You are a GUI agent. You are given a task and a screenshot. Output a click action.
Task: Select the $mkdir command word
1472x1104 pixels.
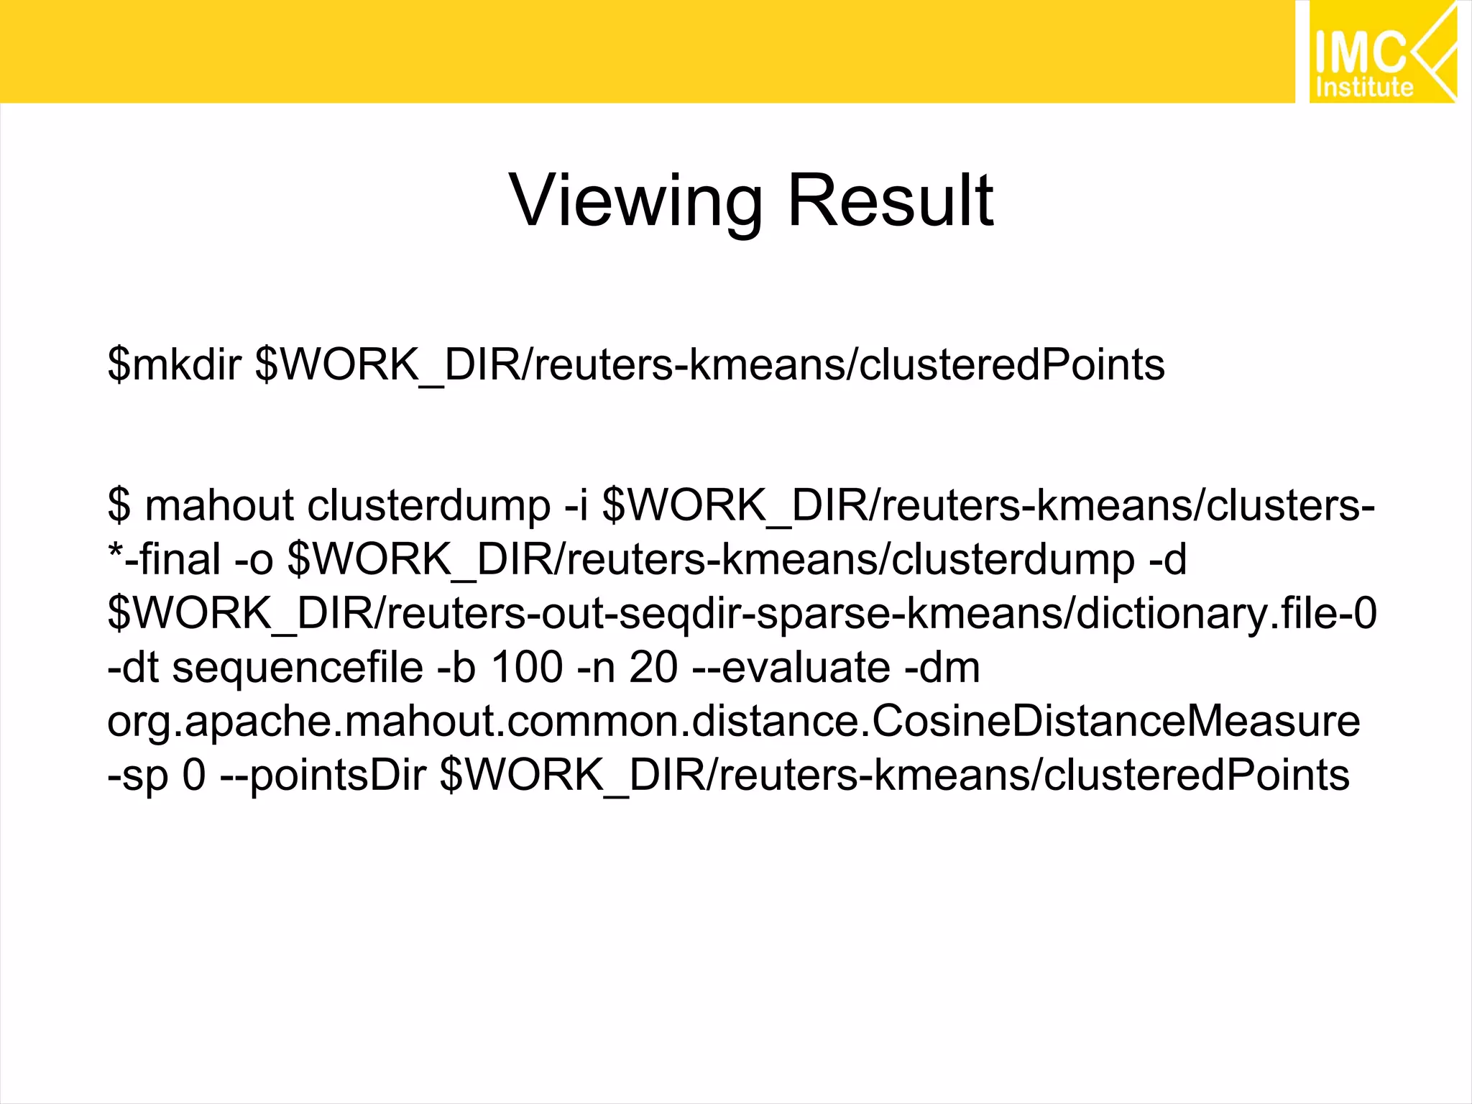point(174,364)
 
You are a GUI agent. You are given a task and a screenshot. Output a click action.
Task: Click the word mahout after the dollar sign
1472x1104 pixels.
point(220,505)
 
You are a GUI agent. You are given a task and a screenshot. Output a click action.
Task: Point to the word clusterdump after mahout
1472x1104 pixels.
point(428,505)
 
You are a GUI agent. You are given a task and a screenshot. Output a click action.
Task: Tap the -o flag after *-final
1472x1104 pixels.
point(254,559)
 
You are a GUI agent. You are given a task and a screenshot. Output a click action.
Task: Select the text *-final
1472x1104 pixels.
point(164,559)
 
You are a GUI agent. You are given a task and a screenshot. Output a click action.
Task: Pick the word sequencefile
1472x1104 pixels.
point(298,668)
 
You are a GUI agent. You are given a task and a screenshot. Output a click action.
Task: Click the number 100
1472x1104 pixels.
point(527,668)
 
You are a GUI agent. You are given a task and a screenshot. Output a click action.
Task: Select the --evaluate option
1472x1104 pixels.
point(791,668)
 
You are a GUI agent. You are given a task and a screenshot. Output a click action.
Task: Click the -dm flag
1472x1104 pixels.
point(942,668)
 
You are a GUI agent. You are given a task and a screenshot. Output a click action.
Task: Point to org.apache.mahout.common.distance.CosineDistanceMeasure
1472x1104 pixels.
point(733,721)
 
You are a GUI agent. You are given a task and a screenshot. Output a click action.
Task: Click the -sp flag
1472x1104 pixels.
point(137,776)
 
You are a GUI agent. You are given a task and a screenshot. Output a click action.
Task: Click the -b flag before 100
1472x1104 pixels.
point(456,668)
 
